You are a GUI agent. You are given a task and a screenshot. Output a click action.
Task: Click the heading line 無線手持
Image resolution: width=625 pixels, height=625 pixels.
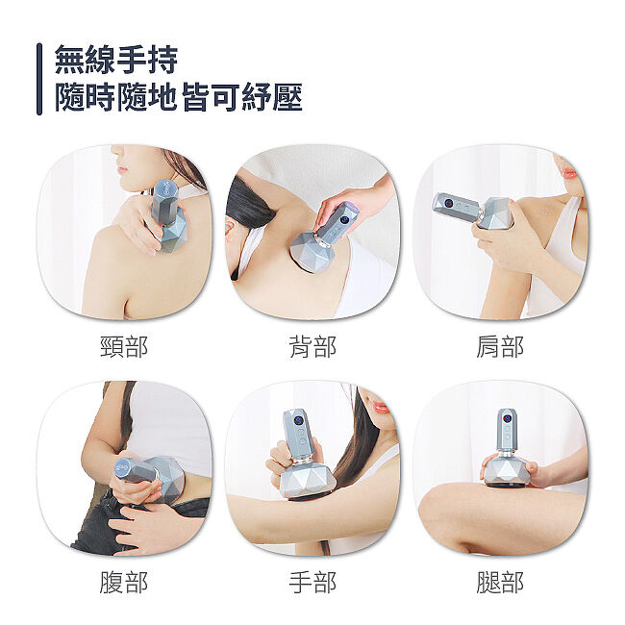pos(116,60)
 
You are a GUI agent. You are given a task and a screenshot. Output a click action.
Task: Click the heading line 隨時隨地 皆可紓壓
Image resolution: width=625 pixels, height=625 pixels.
pos(179,97)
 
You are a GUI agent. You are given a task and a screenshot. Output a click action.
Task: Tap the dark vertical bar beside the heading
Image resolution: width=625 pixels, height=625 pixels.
pos(39,79)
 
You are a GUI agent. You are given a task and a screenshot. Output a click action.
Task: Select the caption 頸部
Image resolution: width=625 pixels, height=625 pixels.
pos(124,347)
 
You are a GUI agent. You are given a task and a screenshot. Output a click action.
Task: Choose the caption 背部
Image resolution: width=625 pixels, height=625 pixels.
pos(312,347)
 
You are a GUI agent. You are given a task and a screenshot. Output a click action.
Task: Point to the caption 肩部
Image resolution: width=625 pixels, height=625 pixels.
pos(500,347)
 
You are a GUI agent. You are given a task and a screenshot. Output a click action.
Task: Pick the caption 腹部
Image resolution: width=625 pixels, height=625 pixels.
pos(124,583)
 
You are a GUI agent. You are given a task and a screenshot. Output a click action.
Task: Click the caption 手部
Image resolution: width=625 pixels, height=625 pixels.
pos(312,583)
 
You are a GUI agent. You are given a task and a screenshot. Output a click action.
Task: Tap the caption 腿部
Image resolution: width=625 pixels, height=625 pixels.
pos(500,583)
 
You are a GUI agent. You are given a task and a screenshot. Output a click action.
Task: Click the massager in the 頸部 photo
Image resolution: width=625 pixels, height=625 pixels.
pos(167,217)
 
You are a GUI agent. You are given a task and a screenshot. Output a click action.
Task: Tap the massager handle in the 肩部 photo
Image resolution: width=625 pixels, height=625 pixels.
pos(458,206)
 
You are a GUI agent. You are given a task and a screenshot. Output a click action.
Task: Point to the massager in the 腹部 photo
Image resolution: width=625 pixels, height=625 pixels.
pos(149,476)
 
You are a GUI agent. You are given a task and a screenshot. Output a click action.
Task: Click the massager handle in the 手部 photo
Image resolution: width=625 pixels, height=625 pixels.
pos(297,435)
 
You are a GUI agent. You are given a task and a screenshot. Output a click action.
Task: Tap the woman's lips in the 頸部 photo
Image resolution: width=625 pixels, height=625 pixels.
pos(121,168)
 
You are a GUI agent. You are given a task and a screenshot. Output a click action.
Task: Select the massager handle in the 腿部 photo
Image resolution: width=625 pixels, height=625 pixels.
pos(507,430)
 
